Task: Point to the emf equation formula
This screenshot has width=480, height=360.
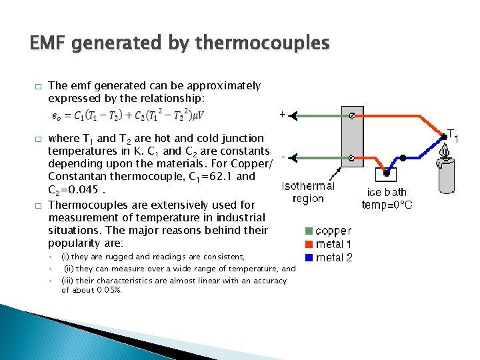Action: pos(127,116)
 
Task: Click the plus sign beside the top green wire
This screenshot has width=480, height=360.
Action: pos(283,115)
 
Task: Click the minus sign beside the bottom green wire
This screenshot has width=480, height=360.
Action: pos(283,157)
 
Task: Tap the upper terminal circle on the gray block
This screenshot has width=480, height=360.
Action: pos(351,115)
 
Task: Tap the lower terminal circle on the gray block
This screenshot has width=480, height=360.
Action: pos(351,158)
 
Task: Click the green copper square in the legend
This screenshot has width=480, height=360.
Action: pos(309,231)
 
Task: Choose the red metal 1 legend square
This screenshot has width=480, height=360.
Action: pos(309,245)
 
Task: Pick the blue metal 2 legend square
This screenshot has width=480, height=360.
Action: pos(309,257)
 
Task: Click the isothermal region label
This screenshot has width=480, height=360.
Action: pos(308,192)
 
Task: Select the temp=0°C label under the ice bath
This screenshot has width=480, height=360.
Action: pos(387,205)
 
